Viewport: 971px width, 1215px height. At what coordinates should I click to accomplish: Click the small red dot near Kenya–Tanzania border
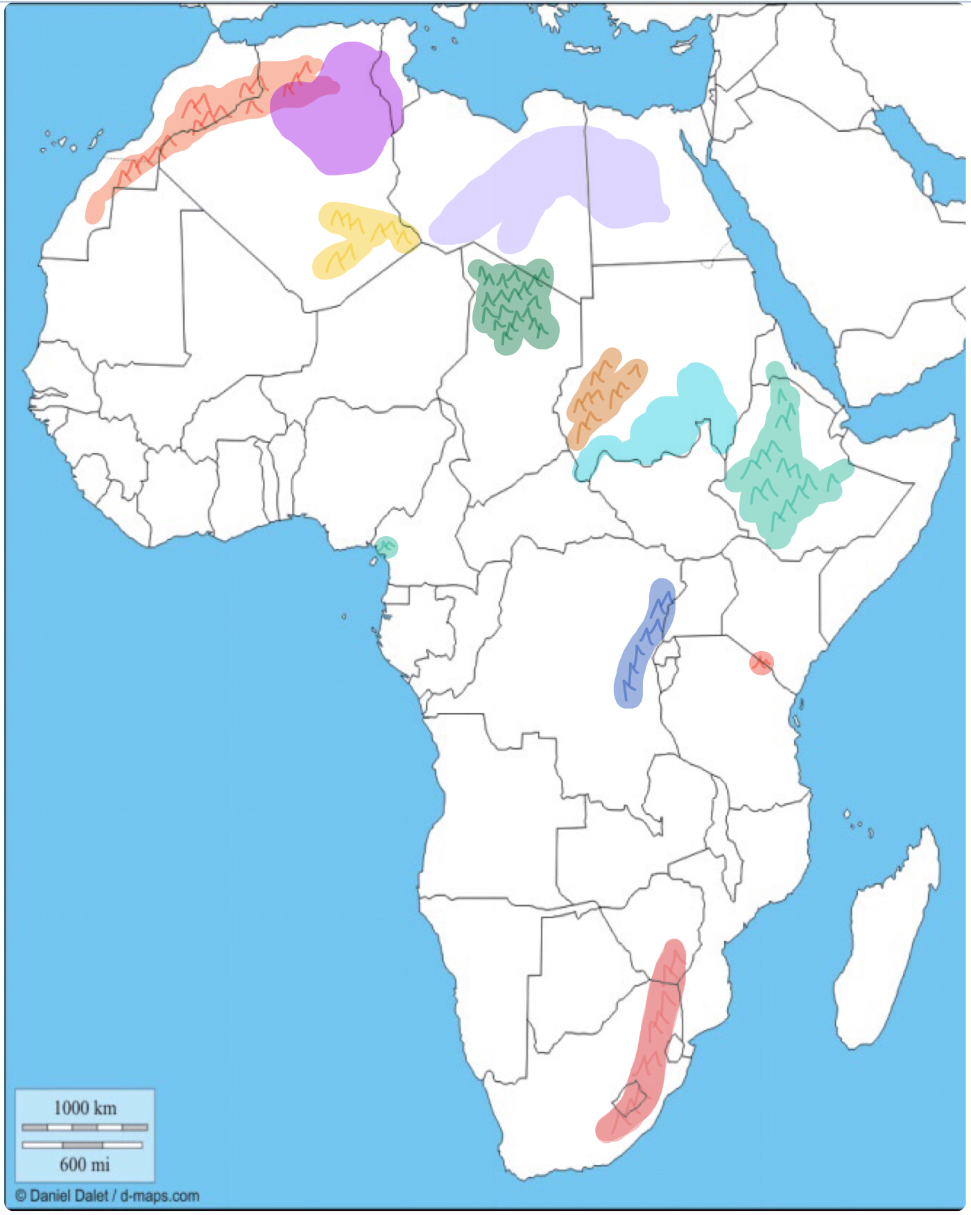tap(761, 663)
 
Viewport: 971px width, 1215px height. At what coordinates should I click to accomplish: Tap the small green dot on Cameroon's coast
tap(386, 547)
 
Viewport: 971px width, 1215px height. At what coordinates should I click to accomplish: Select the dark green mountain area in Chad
tap(514, 305)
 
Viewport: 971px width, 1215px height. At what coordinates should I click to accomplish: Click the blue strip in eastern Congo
tap(644, 641)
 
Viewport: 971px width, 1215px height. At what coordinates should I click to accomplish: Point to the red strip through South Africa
tap(652, 1040)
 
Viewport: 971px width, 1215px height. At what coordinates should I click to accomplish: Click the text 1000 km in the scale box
tap(85, 1108)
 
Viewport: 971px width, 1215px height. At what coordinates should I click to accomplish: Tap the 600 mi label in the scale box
tap(85, 1164)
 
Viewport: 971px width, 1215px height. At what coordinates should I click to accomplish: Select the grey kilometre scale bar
tap(85, 1127)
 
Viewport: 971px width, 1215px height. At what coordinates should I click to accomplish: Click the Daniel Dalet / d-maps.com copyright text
tap(108, 1196)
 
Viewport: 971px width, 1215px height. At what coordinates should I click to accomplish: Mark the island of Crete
tap(582, 49)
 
